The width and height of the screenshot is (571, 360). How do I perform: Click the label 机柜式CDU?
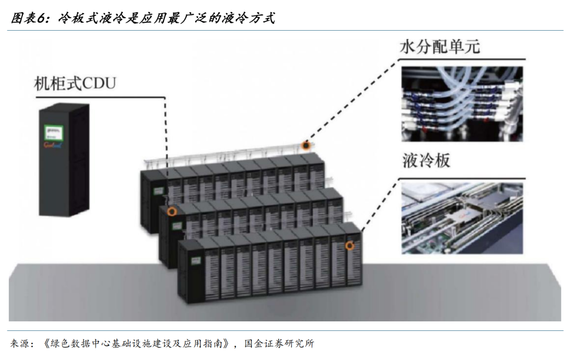75,84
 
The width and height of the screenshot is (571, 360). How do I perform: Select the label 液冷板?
426,161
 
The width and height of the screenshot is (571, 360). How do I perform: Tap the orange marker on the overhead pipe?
305,145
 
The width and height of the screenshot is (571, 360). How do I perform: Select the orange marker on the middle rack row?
171,212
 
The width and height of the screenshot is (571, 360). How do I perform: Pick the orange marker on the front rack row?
349,245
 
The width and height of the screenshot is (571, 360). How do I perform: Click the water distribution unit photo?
462,103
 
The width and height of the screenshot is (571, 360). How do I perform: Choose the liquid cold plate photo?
462,217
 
